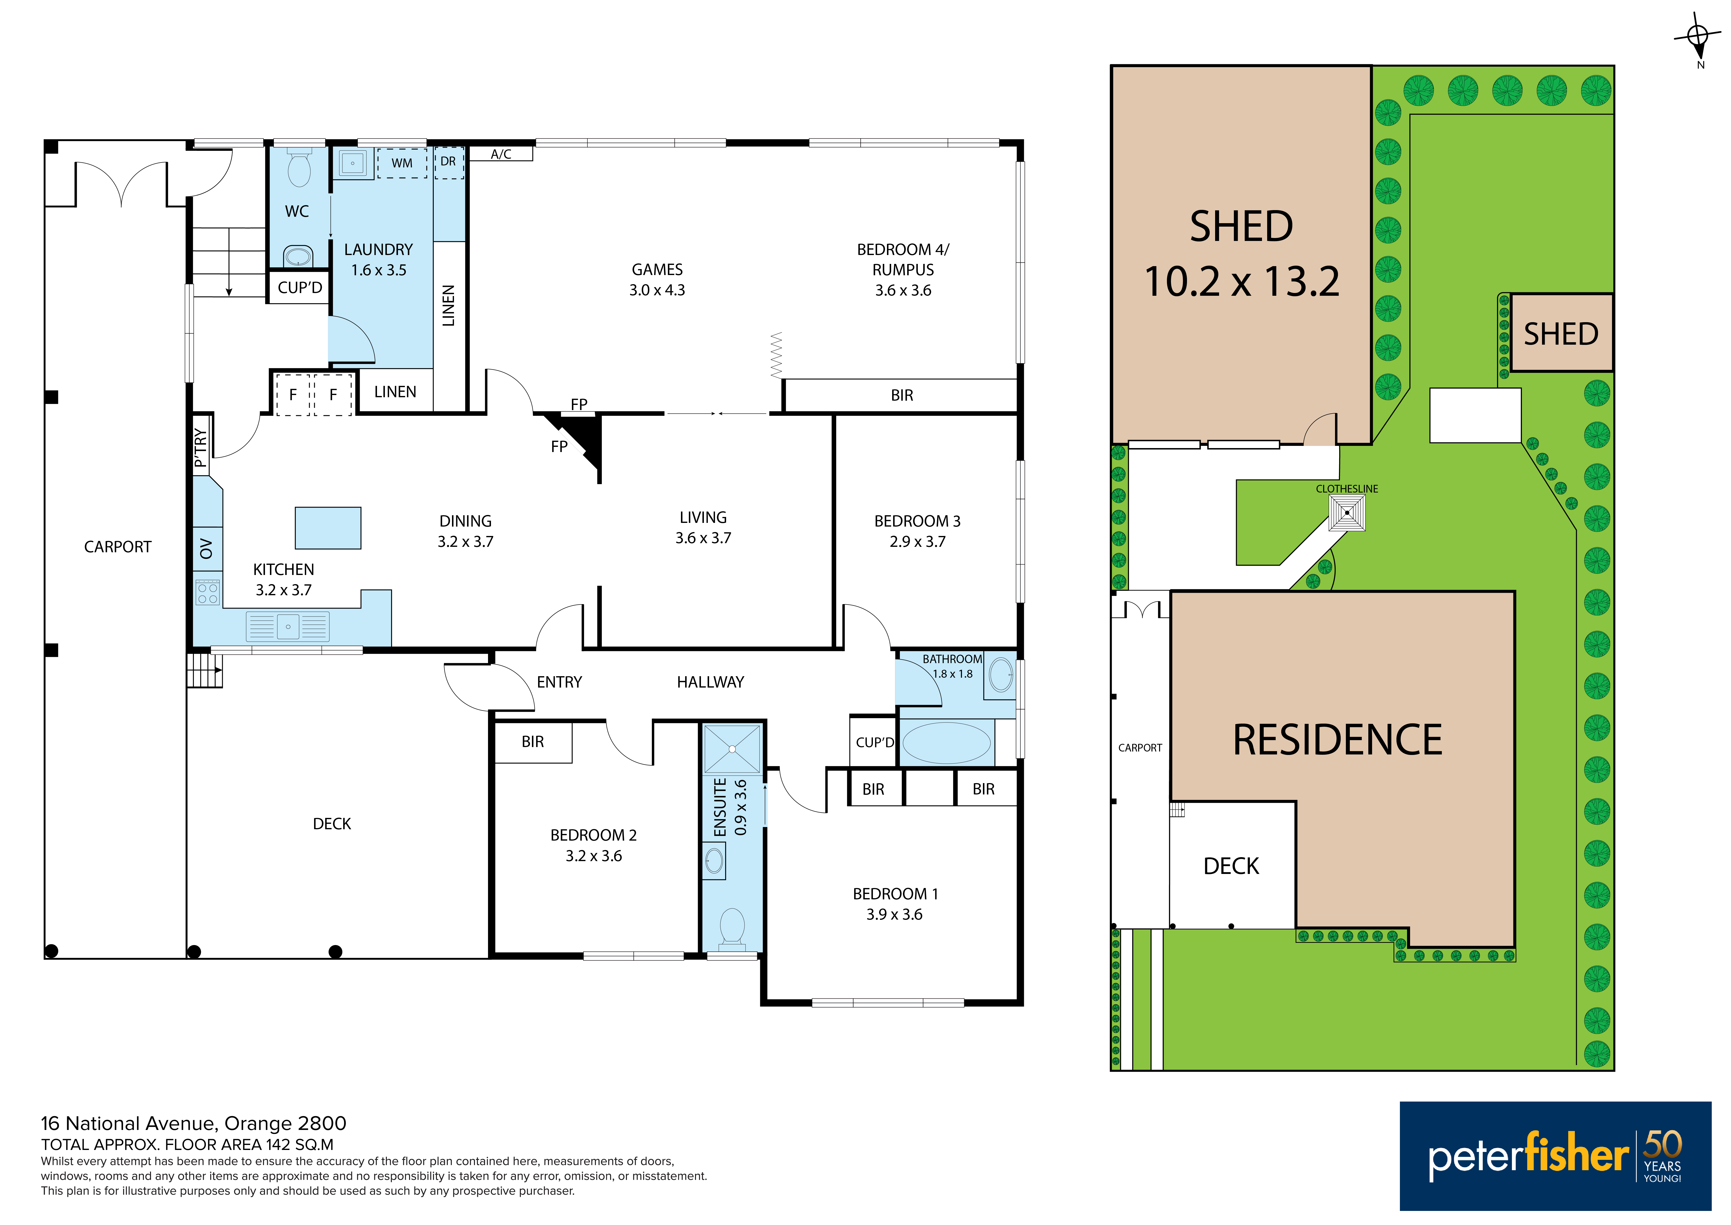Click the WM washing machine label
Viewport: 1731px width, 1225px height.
point(402,163)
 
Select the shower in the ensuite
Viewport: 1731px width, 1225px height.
point(732,749)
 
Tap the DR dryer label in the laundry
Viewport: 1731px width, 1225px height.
point(448,161)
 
